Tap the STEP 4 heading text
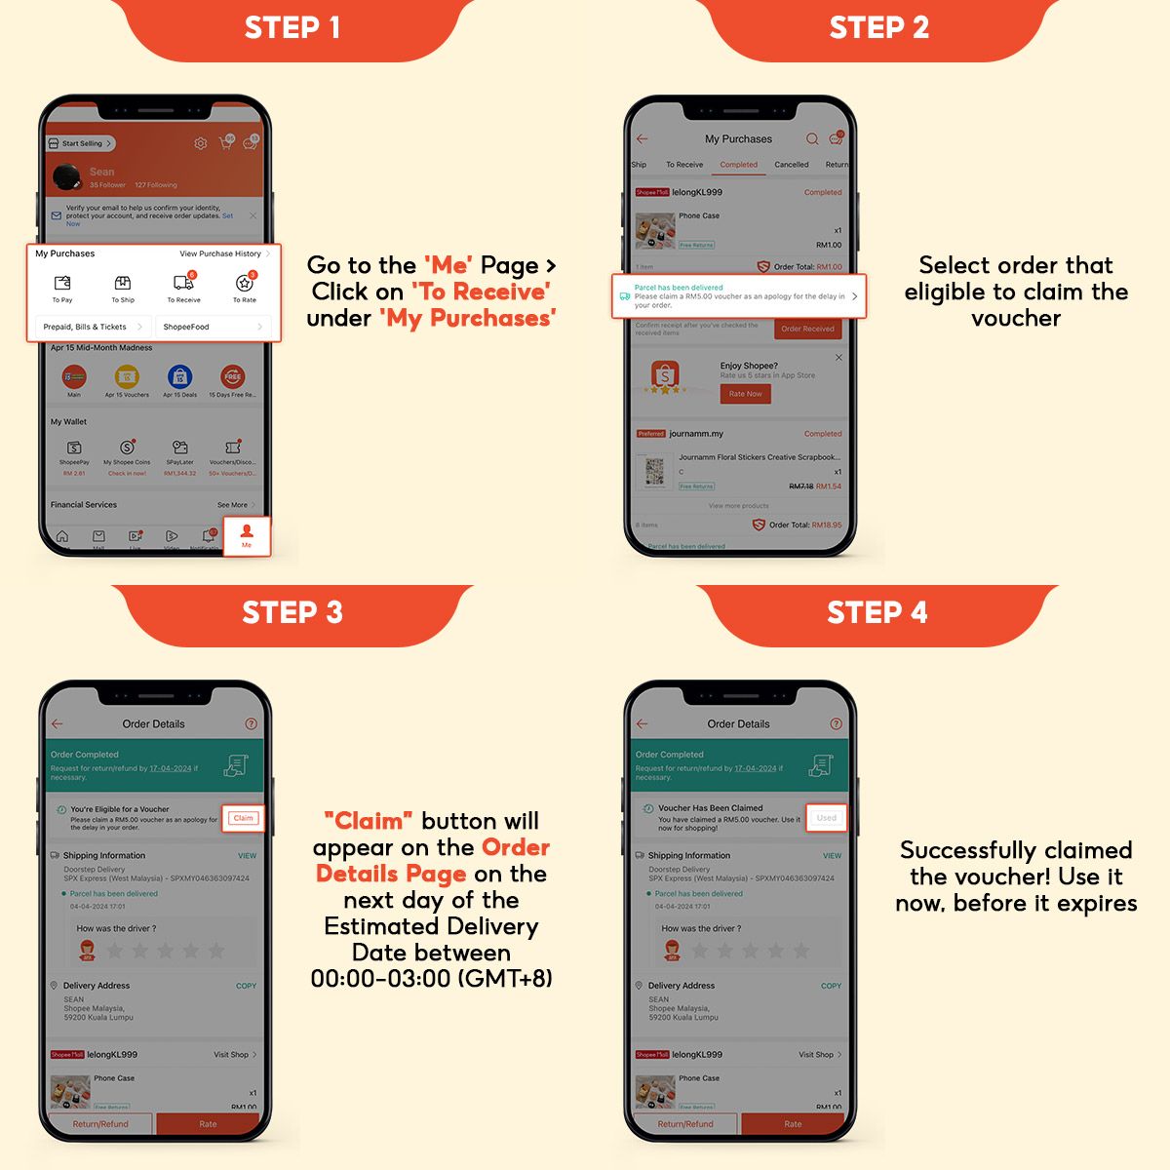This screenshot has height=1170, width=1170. (877, 612)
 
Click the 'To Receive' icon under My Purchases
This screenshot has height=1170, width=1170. (183, 284)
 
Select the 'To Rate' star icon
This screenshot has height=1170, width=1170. (244, 284)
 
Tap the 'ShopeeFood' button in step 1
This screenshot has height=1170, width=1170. (213, 327)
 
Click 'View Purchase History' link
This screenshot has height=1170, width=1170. (223, 253)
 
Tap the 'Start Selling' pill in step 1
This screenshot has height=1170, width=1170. (81, 143)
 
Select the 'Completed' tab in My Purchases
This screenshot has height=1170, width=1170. (738, 165)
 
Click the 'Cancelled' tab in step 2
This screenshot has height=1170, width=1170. (791, 165)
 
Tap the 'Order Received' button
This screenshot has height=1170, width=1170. (806, 329)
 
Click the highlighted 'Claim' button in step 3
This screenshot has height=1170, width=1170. (243, 818)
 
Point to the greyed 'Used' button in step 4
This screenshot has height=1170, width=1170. (827, 818)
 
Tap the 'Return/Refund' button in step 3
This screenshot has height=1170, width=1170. (100, 1124)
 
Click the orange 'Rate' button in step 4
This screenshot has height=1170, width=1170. (793, 1124)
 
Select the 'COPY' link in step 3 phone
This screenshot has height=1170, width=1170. (246, 986)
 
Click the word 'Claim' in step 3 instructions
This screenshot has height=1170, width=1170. (369, 821)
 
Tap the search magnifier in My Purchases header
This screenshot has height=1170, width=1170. (811, 139)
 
